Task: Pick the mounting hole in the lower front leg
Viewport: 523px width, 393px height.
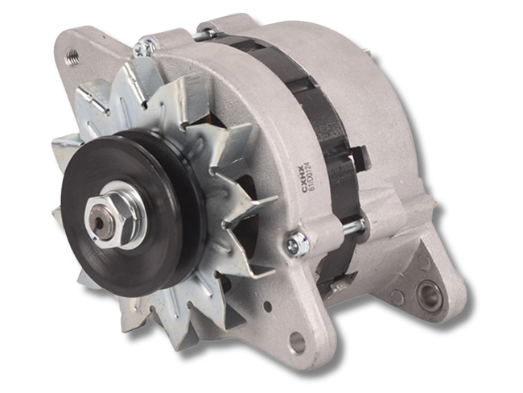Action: point(297,342)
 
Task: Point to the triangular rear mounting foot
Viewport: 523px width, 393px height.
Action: point(426,282)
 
